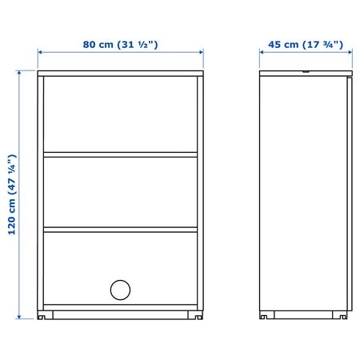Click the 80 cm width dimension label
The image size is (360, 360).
(120, 44)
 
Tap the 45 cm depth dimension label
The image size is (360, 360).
(306, 44)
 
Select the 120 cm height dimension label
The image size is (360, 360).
(12, 194)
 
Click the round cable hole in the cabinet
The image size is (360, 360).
(120, 290)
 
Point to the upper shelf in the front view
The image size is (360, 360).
(120, 154)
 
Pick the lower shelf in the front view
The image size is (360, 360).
(120, 230)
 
